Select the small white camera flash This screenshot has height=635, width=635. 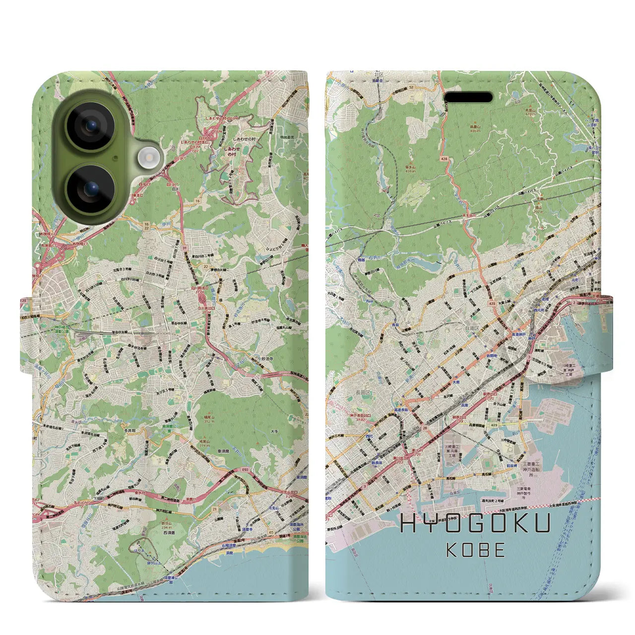[147, 158]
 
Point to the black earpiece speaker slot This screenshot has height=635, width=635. [468, 97]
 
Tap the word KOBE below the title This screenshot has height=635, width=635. [475, 550]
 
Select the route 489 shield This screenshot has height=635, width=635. [494, 425]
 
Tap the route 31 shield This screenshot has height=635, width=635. [184, 248]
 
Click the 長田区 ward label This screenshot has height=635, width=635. [361, 392]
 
